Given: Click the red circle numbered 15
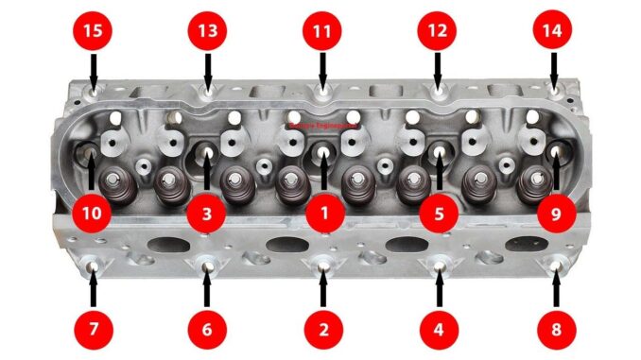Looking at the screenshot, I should (93, 30).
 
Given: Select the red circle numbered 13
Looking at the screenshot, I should (207, 30).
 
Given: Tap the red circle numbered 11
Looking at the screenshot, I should (322, 30).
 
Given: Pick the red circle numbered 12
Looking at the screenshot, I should (437, 30).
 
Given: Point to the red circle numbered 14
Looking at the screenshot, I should (552, 30).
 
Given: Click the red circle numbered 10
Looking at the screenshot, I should (92, 214).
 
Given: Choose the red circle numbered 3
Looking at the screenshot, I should (207, 214).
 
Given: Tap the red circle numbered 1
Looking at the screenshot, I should (323, 214).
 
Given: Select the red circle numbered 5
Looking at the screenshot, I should (439, 214).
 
